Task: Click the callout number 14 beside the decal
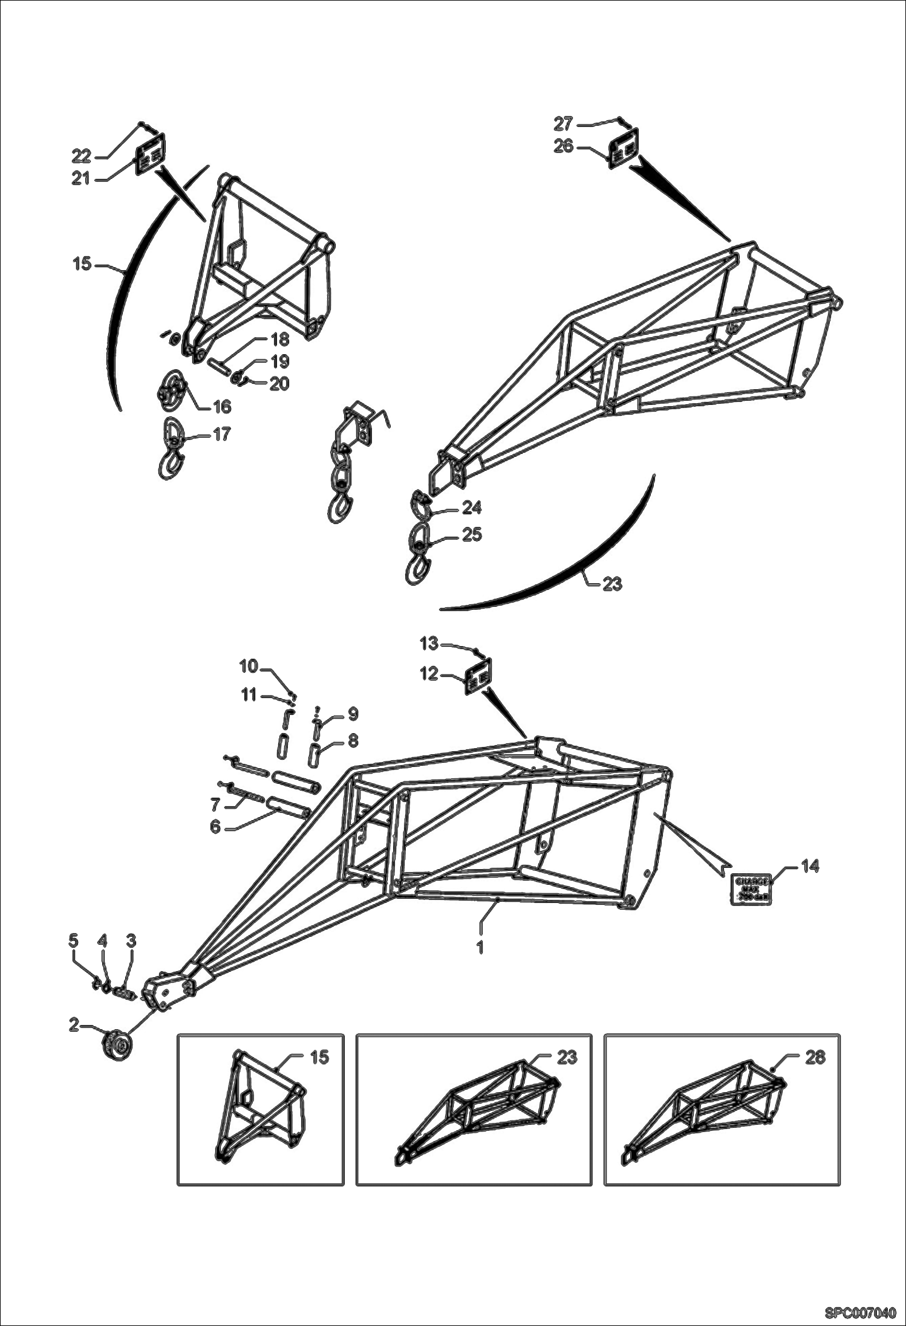810,867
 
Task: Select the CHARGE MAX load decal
752,889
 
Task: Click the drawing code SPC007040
859,1312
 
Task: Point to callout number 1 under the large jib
480,948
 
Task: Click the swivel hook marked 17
171,451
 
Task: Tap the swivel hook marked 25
419,553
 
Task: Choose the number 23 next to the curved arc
612,584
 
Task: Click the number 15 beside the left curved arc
82,264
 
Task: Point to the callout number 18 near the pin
280,340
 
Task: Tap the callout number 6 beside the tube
215,827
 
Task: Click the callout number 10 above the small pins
249,666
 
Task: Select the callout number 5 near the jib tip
73,957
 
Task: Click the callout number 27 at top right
562,124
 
